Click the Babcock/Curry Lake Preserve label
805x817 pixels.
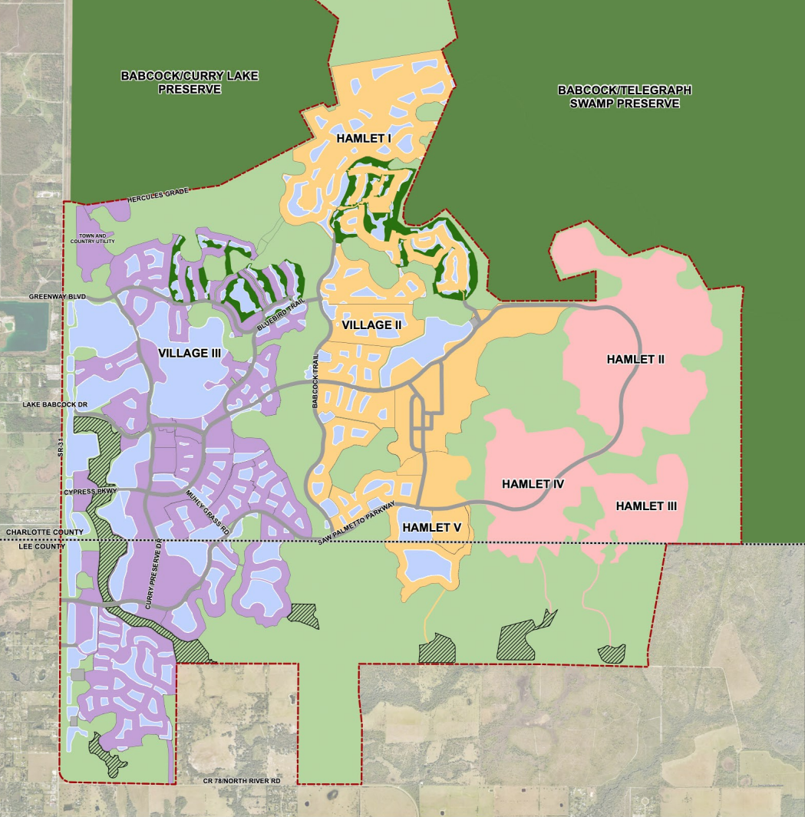[x=190, y=82]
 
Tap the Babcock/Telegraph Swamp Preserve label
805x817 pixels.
[x=624, y=97]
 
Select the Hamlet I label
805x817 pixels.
[x=364, y=138]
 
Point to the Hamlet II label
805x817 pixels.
[x=635, y=359]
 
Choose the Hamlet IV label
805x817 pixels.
[x=533, y=484]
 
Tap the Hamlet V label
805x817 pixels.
[x=432, y=528]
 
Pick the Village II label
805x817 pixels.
[x=372, y=325]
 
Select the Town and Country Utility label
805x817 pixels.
[x=92, y=239]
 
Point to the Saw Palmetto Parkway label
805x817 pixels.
[x=358, y=523]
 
